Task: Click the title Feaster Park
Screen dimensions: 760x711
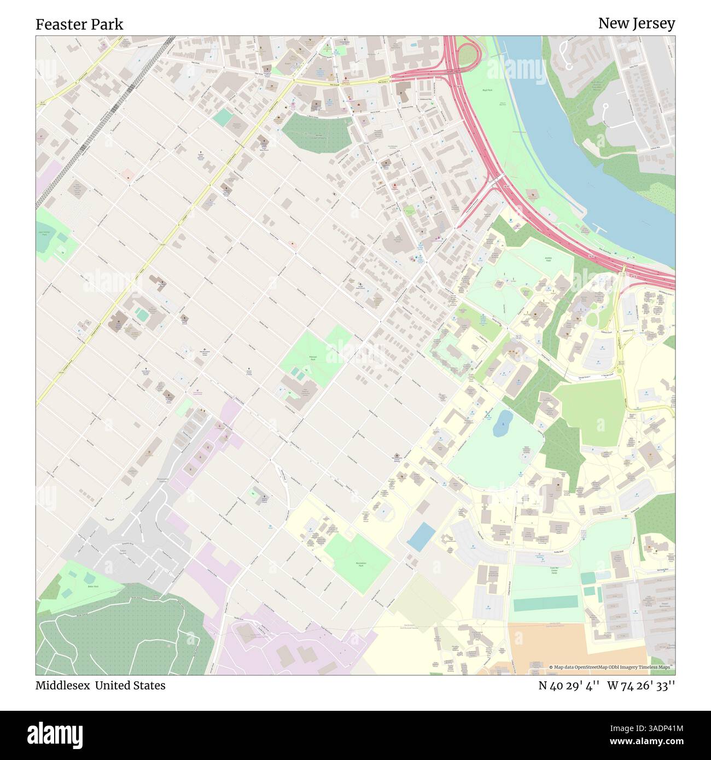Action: click(x=79, y=24)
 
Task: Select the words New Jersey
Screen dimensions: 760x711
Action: click(x=636, y=23)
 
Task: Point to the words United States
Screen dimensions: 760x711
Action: click(x=130, y=685)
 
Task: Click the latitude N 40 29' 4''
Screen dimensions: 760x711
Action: click(x=563, y=685)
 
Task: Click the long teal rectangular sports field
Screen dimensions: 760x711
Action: click(x=545, y=603)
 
